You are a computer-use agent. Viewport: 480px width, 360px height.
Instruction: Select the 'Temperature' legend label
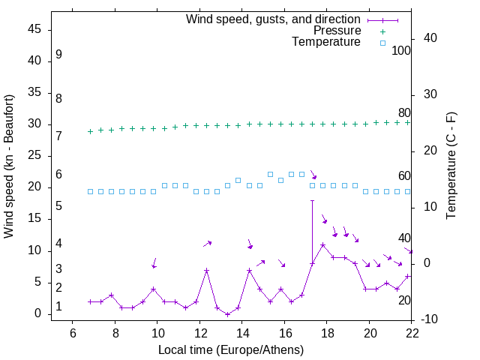pos(326,42)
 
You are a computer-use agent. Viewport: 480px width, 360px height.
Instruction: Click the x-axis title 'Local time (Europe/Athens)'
pos(231,349)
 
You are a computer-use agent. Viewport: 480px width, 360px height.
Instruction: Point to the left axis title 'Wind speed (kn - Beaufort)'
pos(9,166)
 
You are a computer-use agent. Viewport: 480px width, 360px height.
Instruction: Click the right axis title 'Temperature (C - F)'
pos(451,166)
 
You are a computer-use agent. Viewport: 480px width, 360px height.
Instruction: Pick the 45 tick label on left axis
pos(34,29)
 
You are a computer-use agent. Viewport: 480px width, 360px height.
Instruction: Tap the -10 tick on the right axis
pos(430,319)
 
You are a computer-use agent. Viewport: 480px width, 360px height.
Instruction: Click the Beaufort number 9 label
pos(58,55)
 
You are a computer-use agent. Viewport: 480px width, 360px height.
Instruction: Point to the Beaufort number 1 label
pos(58,307)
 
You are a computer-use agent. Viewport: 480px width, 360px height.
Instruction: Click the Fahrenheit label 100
pos(401,51)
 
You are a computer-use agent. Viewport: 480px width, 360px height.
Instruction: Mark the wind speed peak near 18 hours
pos(322,244)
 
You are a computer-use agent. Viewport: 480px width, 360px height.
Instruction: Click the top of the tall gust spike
pos(312,200)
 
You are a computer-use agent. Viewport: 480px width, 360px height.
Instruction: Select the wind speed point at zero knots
pos(227,314)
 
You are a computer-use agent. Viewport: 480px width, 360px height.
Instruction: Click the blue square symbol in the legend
pos(382,43)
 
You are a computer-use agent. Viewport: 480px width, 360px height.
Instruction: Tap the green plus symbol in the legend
pos(382,31)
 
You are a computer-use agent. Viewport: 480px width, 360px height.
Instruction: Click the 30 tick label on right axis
pos(430,94)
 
